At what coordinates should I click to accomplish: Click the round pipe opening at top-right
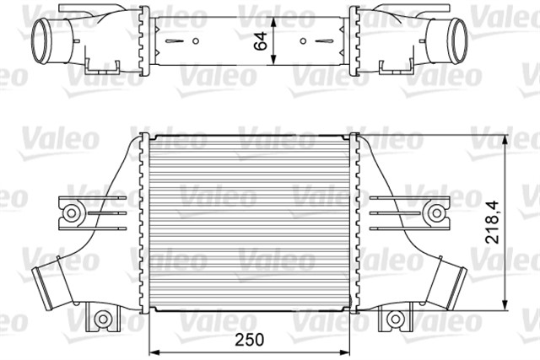457,39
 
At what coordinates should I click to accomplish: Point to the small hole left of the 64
195,40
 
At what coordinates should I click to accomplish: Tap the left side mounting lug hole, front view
72,211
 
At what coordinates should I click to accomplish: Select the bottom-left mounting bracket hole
103,319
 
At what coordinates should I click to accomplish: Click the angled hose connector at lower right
455,282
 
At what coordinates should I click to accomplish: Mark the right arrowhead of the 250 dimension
349,350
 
